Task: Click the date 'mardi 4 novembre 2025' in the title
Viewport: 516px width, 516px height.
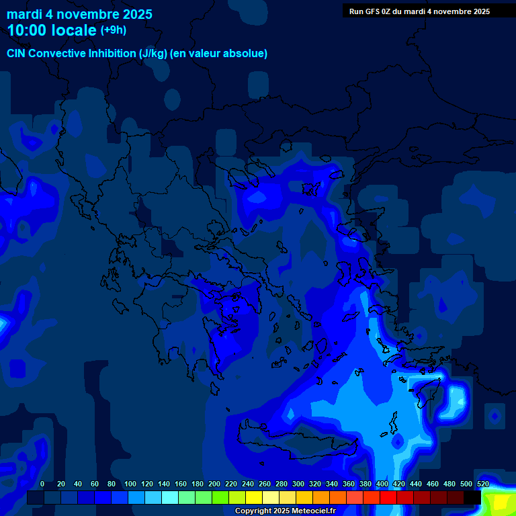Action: click(79, 14)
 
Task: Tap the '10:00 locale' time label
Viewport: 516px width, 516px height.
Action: click(52, 31)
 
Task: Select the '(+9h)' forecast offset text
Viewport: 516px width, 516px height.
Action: click(114, 30)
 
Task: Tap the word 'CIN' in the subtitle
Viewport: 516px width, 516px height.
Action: click(16, 54)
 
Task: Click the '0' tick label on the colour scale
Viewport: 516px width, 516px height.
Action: click(42, 484)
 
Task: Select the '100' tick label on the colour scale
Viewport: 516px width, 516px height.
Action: click(130, 484)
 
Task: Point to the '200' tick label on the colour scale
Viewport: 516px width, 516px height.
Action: click(214, 484)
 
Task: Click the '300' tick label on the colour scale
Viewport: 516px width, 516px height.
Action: click(298, 484)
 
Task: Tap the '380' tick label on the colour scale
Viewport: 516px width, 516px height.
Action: click(365, 484)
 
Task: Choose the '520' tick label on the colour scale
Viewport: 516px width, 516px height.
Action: click(482, 484)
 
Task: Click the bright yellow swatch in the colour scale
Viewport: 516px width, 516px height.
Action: click(254, 498)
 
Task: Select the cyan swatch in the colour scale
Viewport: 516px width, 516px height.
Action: click(170, 498)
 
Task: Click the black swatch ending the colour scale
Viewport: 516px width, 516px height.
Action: click(472, 498)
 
